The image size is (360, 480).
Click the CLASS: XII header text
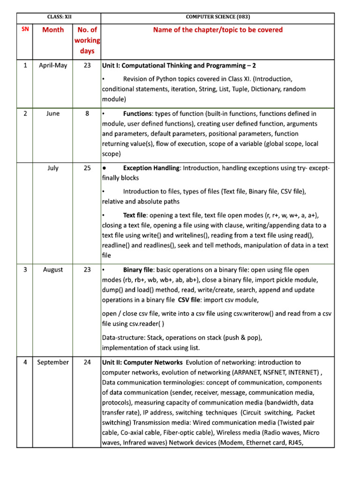coord(59,17)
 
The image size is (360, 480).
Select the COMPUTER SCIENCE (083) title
coord(217,17)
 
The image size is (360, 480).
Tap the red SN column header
coord(25,29)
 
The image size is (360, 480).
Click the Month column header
coord(53,30)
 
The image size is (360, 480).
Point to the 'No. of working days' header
coord(87,40)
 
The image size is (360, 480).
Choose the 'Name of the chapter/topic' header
coord(217,30)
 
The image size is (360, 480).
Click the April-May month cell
coord(53,66)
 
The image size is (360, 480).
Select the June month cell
coord(53,114)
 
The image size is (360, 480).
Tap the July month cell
coord(53,168)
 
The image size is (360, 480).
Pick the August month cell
coord(53,270)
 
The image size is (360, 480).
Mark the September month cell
coord(53,362)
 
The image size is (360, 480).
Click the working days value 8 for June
coord(87,114)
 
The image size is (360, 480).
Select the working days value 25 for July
coord(87,168)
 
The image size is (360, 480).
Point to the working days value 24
coord(87,362)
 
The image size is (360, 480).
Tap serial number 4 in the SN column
coord(25,362)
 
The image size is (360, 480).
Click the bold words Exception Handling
coord(151,168)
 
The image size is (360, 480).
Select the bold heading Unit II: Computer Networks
coord(142,362)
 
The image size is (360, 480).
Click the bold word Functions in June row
coord(137,114)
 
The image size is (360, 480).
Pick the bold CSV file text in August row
coord(192,300)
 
